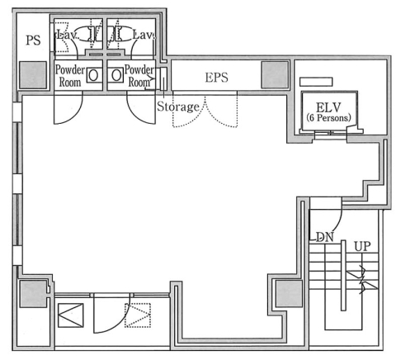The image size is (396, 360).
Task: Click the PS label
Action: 33,40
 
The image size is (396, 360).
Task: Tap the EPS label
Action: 217,78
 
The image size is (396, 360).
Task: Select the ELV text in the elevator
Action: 328,107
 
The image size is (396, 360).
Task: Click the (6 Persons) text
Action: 328,118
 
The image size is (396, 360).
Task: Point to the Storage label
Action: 178,107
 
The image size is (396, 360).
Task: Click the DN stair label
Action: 324,237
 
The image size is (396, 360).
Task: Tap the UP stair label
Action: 362,246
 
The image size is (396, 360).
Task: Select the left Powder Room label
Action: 70,76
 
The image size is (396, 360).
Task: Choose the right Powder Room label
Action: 139,76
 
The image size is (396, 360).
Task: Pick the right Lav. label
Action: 144,35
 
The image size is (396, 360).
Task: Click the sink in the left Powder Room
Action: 93,75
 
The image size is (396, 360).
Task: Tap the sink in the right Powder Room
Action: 116,75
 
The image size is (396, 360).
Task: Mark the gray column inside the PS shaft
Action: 33,75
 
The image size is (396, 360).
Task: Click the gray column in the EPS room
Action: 275,75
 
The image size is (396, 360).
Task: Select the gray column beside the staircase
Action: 289,293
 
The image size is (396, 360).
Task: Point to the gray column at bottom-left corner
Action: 33,294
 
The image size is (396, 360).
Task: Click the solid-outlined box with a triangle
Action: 71,315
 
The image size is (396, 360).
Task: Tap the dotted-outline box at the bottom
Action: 138,315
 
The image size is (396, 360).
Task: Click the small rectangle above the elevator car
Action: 316,82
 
